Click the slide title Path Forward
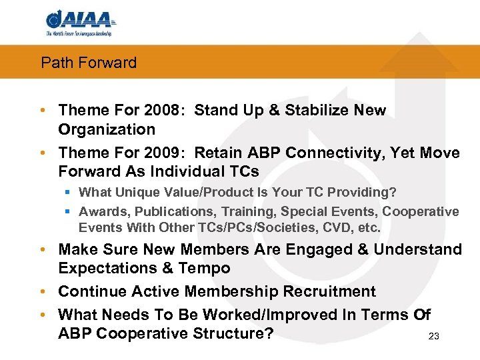(x=89, y=63)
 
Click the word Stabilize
(x=323, y=110)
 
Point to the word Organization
(x=107, y=129)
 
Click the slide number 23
(x=433, y=337)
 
